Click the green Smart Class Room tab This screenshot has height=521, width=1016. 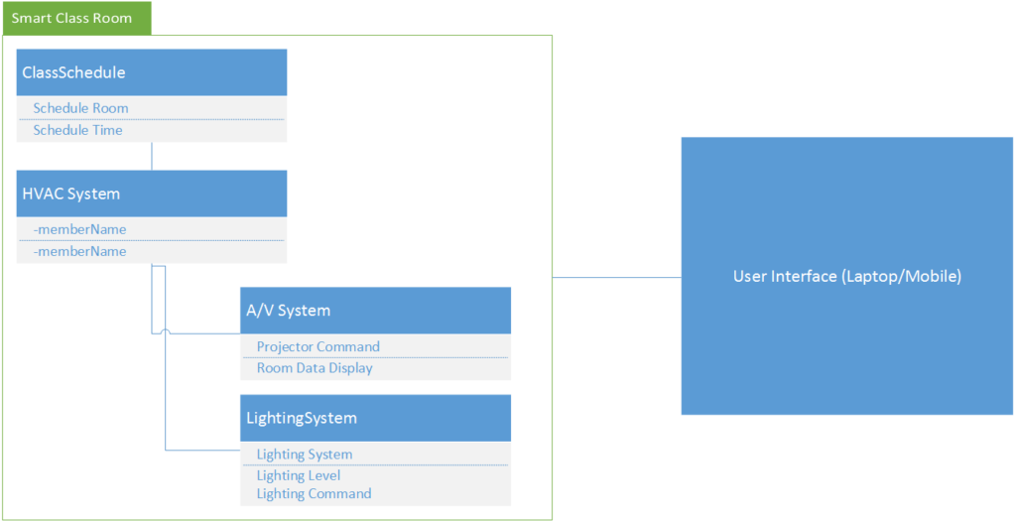click(75, 18)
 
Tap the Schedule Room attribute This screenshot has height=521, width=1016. click(80, 107)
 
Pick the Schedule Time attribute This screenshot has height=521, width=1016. click(77, 130)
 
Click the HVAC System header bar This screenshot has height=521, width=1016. click(152, 194)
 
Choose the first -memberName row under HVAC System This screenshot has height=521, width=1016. click(79, 229)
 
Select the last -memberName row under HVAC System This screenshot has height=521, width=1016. click(79, 252)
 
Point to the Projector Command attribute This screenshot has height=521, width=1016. click(317, 346)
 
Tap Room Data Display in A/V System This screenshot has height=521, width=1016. click(315, 368)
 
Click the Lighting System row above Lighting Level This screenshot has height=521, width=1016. click(304, 455)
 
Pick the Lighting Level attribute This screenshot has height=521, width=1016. click(298, 475)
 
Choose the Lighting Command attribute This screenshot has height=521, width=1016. click(314, 494)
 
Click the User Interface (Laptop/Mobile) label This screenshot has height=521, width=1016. click(846, 277)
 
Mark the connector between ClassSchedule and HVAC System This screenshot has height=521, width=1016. click(152, 156)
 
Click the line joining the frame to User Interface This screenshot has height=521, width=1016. click(616, 277)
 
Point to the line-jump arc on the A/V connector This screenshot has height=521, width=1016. click(165, 331)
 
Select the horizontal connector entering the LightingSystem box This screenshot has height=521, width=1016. click(203, 451)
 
